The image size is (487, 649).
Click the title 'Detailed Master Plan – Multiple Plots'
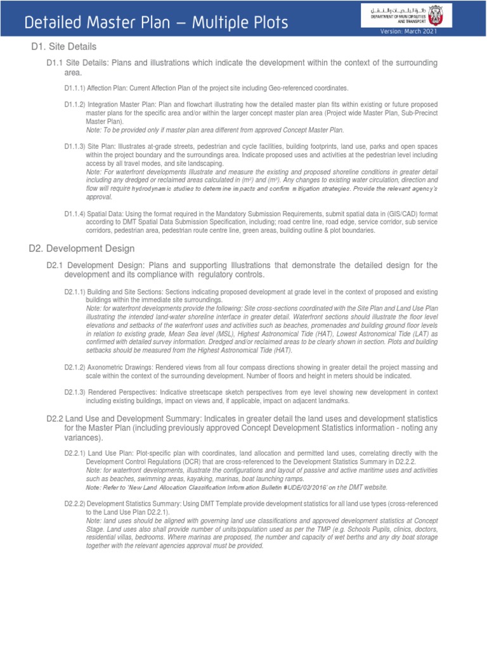pos(155,23)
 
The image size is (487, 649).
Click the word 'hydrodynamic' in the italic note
pos(154,188)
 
